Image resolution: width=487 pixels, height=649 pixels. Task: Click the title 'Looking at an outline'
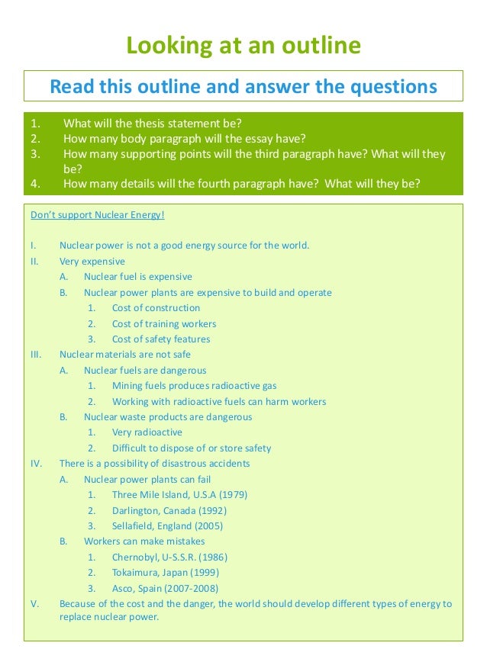click(243, 46)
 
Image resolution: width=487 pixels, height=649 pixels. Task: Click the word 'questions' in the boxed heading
click(390, 86)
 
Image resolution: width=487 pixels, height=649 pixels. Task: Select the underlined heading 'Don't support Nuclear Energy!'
click(98, 214)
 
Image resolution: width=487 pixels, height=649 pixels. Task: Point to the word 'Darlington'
click(137, 510)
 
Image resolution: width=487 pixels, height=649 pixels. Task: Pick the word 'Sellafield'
click(135, 526)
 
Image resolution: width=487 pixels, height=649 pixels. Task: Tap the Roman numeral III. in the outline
click(36, 355)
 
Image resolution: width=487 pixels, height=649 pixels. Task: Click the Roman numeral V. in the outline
click(34, 604)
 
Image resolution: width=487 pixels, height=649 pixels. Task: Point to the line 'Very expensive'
click(92, 262)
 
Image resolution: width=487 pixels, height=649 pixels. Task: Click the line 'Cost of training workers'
click(164, 323)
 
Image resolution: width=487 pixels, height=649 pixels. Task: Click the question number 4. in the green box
click(35, 184)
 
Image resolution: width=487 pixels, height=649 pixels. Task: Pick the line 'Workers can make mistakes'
click(144, 541)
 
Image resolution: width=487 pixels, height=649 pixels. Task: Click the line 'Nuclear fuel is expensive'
click(138, 277)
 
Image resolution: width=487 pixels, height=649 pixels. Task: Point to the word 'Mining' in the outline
click(127, 386)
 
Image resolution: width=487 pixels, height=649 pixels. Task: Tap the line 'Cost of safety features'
click(161, 339)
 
